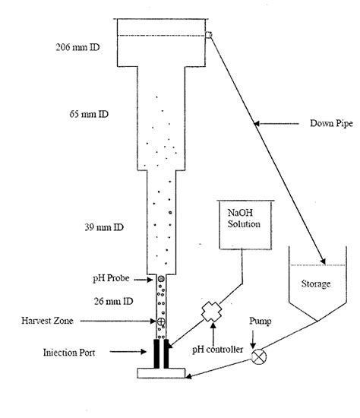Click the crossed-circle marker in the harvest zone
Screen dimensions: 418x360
160,323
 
